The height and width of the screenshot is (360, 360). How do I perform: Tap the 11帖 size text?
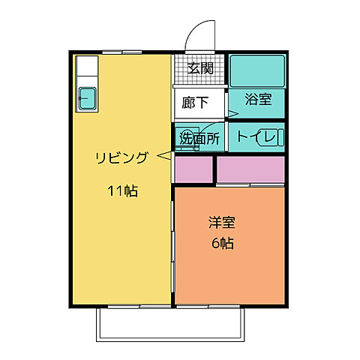click(121, 190)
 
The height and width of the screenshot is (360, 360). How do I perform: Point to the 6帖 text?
click(220, 243)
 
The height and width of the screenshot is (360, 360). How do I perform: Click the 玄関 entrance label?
click(200, 68)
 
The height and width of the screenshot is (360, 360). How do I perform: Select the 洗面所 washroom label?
click(198, 138)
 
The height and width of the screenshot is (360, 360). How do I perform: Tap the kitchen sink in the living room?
click(88, 97)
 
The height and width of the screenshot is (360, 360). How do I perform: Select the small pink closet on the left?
click(193, 169)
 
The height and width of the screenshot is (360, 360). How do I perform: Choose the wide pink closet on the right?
click(250, 169)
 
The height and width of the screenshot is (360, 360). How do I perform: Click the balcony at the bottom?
click(172, 322)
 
